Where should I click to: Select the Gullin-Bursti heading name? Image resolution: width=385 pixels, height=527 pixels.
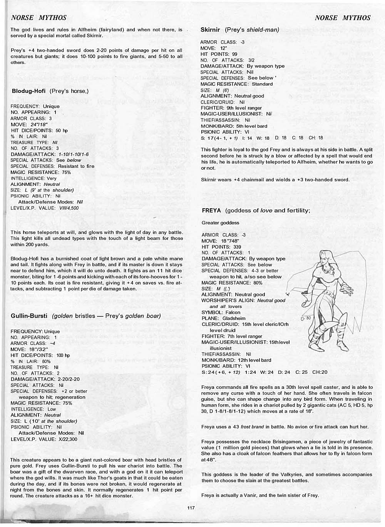[x=29, y=316]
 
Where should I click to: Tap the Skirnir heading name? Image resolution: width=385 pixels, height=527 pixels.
[x=210, y=30]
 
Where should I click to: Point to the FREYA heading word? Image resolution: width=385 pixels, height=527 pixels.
[x=211, y=211]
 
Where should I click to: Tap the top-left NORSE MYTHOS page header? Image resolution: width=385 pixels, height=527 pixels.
[x=38, y=18]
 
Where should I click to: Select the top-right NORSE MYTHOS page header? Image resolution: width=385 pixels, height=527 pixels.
[x=342, y=18]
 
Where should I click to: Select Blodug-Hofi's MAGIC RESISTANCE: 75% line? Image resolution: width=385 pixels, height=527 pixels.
[x=40, y=172]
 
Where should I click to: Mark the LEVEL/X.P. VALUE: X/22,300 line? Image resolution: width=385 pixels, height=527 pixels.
[x=44, y=439]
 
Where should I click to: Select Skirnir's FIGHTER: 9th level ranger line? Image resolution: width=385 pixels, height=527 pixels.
[x=231, y=108]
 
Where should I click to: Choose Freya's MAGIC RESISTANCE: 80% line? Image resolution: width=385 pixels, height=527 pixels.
[x=232, y=283]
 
